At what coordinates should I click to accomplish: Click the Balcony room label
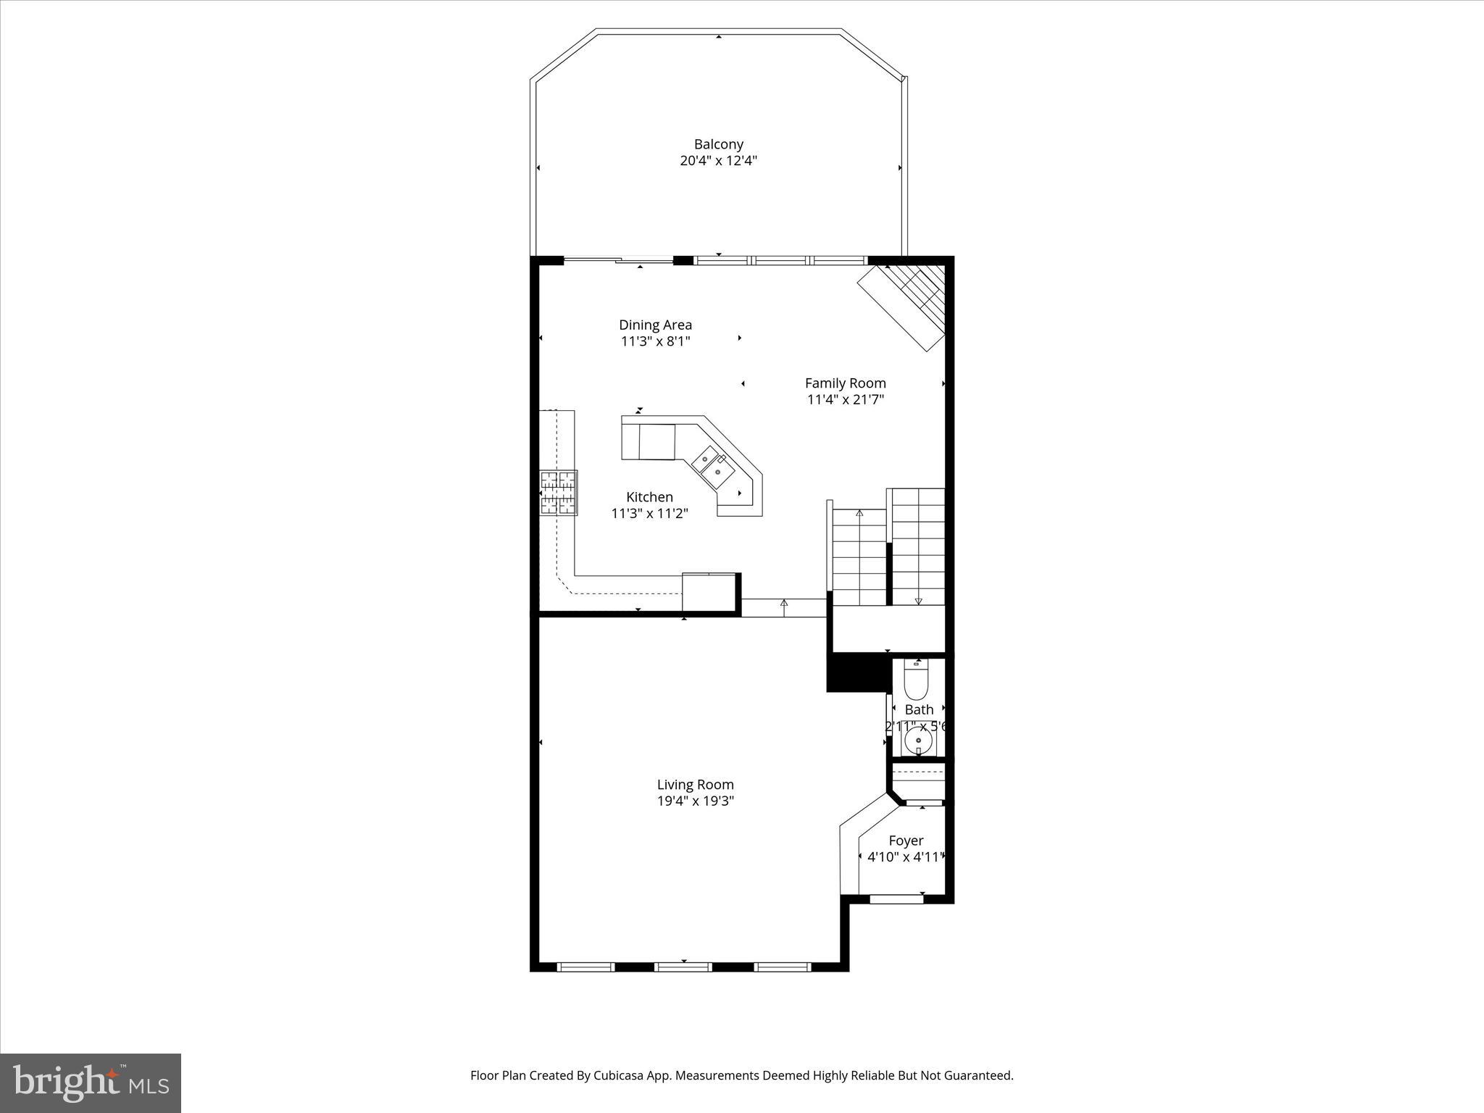click(718, 144)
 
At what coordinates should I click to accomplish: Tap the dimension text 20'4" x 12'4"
click(718, 161)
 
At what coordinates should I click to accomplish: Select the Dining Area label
click(655, 325)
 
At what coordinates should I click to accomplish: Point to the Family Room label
click(845, 383)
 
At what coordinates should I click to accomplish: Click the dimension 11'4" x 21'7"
click(845, 399)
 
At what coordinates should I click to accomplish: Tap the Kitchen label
click(649, 497)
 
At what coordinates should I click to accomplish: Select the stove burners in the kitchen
click(558, 493)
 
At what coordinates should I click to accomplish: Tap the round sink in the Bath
click(919, 741)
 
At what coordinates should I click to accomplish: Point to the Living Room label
click(695, 784)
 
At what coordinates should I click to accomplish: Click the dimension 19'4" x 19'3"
click(695, 801)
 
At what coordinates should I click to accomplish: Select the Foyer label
click(906, 841)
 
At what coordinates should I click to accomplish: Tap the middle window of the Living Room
click(683, 966)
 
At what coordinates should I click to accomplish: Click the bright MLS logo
click(91, 1083)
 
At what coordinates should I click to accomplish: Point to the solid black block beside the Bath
click(857, 672)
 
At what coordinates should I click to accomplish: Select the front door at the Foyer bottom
click(896, 899)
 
